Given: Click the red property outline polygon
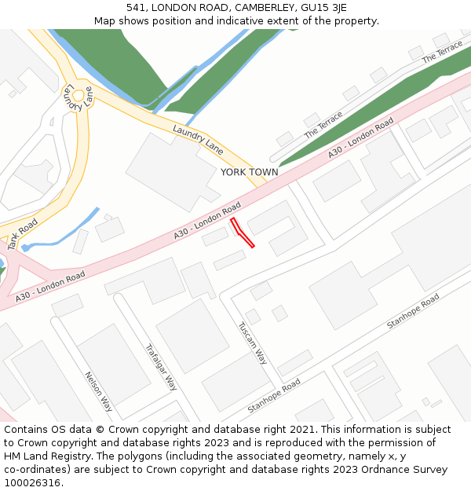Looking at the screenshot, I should click(x=243, y=233).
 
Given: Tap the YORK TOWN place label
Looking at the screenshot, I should click(x=249, y=172).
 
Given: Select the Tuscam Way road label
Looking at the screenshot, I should click(x=253, y=343).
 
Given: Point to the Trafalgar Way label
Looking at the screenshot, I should click(x=161, y=367).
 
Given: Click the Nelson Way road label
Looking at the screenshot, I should click(x=98, y=391).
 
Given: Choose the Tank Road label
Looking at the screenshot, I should click(x=23, y=234).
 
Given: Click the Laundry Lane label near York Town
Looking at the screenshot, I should click(x=198, y=139).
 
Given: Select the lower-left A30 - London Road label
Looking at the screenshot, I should click(x=50, y=287).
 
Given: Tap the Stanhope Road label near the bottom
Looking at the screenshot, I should click(x=274, y=396).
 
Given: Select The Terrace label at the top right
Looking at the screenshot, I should click(x=442, y=53).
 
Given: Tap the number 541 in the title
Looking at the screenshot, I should click(x=136, y=7).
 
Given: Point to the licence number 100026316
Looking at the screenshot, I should click(x=32, y=482).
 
